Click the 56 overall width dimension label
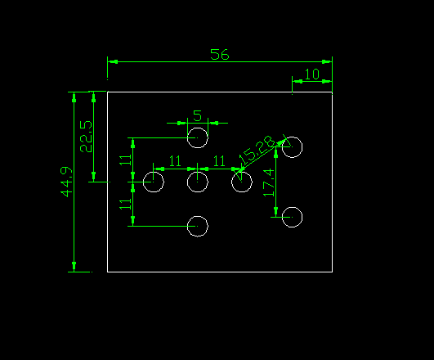point(220,55)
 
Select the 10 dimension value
point(312,74)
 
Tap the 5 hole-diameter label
point(197,116)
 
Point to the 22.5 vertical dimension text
point(86,137)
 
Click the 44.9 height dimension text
point(66,182)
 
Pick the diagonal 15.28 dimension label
point(257,150)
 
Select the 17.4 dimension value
point(269,183)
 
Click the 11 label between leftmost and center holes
point(175,161)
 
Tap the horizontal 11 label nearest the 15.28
point(219,161)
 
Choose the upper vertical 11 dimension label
point(125,160)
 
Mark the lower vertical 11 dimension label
point(125,205)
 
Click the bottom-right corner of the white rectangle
point(332,272)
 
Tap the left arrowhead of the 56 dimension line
point(113,62)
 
